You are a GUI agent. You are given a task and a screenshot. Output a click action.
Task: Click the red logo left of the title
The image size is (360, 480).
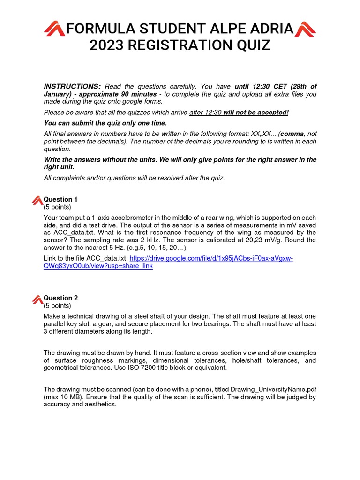click(x=54, y=29)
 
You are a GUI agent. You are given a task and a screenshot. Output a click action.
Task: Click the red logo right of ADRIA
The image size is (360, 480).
click(x=305, y=29)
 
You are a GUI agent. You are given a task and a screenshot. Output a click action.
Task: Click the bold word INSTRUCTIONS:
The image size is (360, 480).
click(x=72, y=86)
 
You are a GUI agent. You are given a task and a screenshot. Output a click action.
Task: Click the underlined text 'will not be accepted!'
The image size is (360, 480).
click(x=255, y=112)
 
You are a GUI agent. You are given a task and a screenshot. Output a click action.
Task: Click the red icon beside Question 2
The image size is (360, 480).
click(x=37, y=299)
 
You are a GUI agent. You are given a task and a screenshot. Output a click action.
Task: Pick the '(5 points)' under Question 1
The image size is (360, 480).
click(x=57, y=207)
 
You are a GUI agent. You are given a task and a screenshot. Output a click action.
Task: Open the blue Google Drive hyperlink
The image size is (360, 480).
click(x=211, y=258)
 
